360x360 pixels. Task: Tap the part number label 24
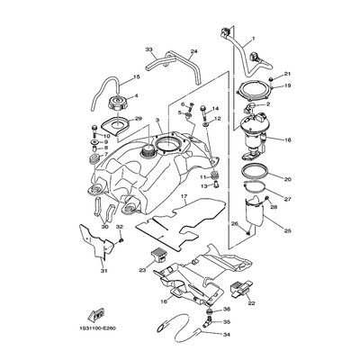pos(193,51)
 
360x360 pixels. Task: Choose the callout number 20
pos(287,178)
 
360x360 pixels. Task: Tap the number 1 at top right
pos(254,38)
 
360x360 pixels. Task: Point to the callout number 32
pos(120,228)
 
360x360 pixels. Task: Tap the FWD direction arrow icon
pos(94,314)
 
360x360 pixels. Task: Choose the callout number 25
pos(287,231)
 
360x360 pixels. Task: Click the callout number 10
pos(105,136)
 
